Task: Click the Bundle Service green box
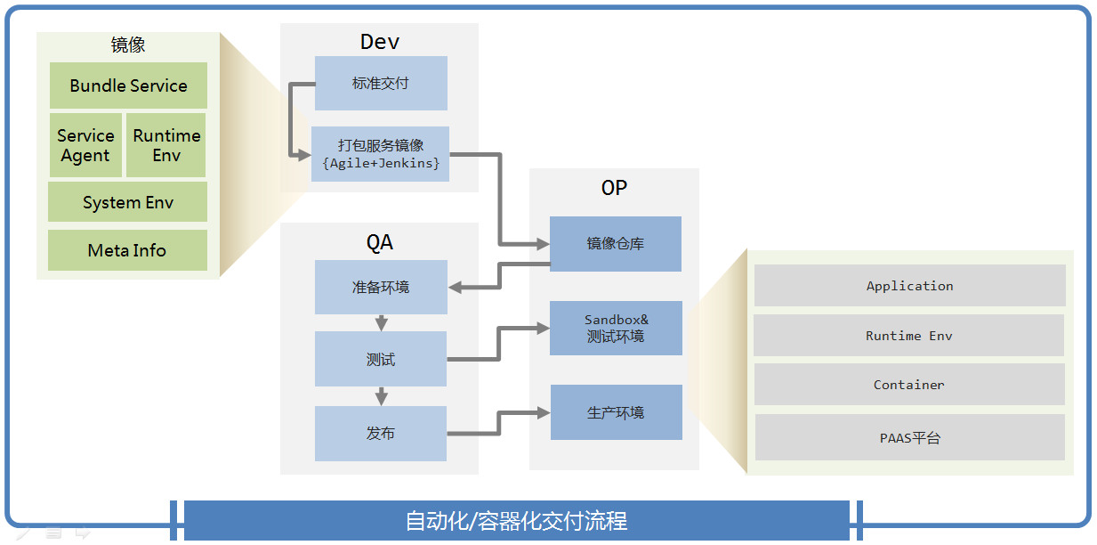[128, 85]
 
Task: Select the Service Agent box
[85, 145]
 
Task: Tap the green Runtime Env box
[166, 145]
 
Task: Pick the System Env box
[127, 202]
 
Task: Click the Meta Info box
[127, 250]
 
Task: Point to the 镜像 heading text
[128, 45]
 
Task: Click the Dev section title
[380, 42]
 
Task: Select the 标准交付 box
[381, 84]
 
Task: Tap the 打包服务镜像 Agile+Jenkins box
[380, 154]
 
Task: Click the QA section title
[380, 242]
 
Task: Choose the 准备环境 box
[381, 287]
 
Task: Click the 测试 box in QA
[381, 359]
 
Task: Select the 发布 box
[381, 434]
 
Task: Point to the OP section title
[614, 188]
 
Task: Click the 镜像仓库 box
[616, 244]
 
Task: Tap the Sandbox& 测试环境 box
[616, 329]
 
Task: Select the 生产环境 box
[616, 412]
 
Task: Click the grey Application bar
[909, 286]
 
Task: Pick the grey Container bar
[909, 385]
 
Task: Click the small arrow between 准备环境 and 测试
[382, 322]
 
